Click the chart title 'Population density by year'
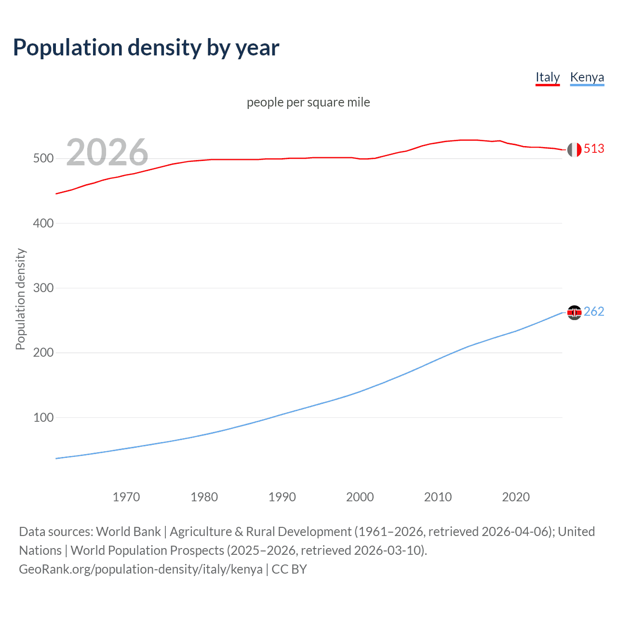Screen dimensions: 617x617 (x=146, y=48)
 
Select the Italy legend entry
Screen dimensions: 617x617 (x=548, y=77)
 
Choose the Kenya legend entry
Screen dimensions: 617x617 (x=587, y=77)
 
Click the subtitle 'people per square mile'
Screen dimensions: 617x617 (x=308, y=102)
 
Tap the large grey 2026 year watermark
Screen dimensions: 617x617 (x=107, y=152)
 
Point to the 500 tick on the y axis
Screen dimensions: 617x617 (x=43, y=159)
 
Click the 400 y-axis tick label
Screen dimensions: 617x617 (x=43, y=223)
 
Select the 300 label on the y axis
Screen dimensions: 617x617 (x=43, y=288)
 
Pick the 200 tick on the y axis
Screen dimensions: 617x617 (x=43, y=353)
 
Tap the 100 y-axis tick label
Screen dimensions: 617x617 (x=43, y=417)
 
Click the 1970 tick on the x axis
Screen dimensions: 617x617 (x=126, y=497)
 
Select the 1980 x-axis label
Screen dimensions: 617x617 (x=204, y=497)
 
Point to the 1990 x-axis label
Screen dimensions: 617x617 (x=282, y=497)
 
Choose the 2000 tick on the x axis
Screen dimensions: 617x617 (x=360, y=497)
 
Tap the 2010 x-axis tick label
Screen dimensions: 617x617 (x=438, y=497)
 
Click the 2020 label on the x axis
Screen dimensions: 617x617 (x=516, y=497)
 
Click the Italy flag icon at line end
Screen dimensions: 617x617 (x=574, y=149)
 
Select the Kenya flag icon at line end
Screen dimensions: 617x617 (x=574, y=313)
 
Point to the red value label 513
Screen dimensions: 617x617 (x=594, y=149)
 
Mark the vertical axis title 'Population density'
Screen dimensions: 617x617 (x=20, y=299)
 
